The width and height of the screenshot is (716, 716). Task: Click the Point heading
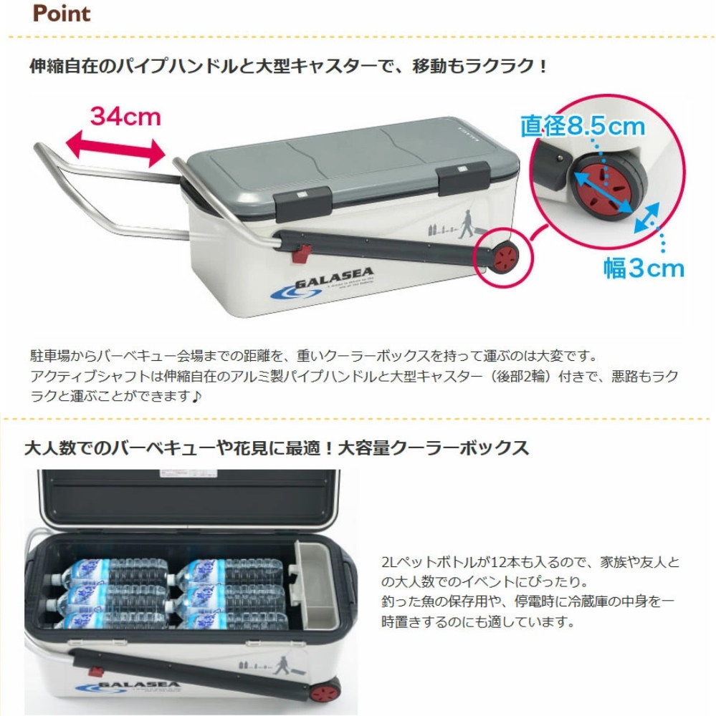62,14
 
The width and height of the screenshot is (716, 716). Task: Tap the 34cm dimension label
126,115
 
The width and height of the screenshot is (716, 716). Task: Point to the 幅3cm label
644,268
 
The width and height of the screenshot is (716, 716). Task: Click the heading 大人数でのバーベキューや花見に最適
277,449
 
